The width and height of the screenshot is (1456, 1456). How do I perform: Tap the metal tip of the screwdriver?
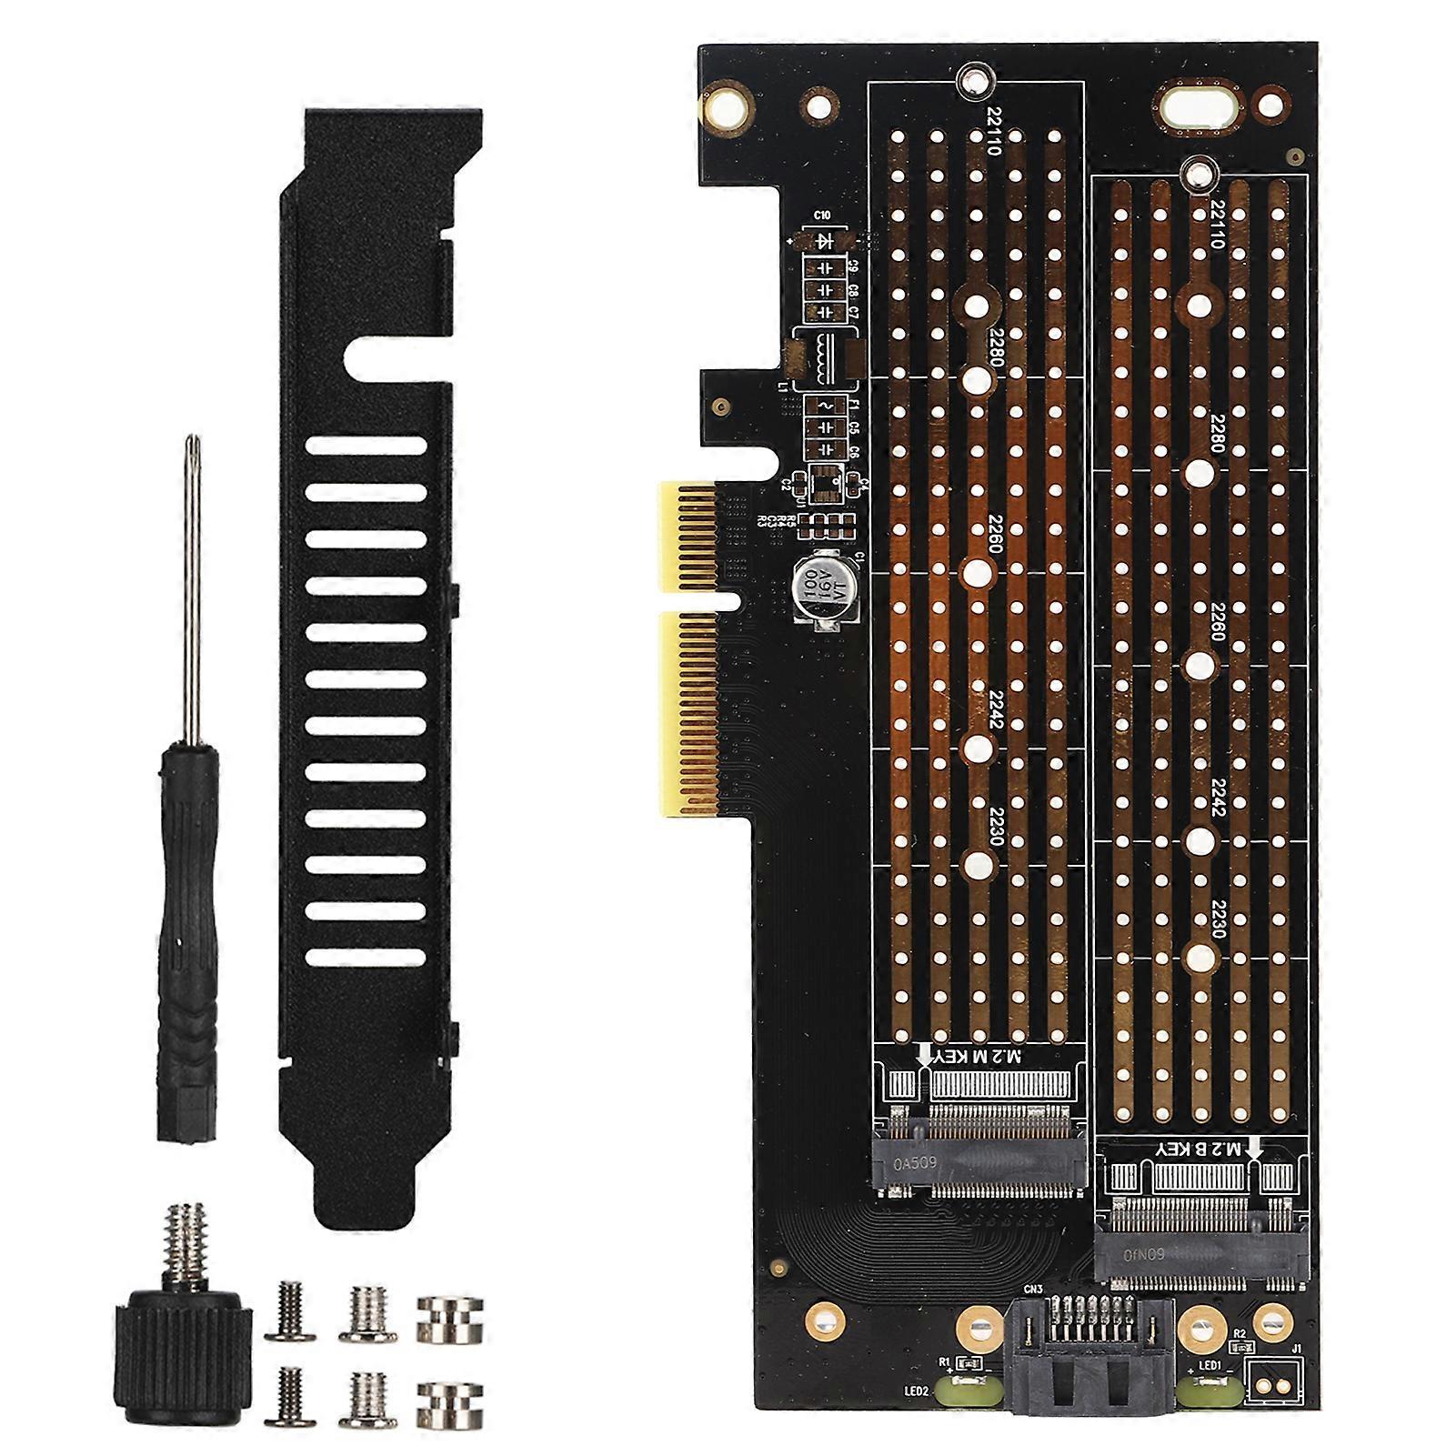pos(192,447)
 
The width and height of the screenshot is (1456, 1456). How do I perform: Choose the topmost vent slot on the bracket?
pos(366,446)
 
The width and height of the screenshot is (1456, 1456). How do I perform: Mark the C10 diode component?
pos(826,240)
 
